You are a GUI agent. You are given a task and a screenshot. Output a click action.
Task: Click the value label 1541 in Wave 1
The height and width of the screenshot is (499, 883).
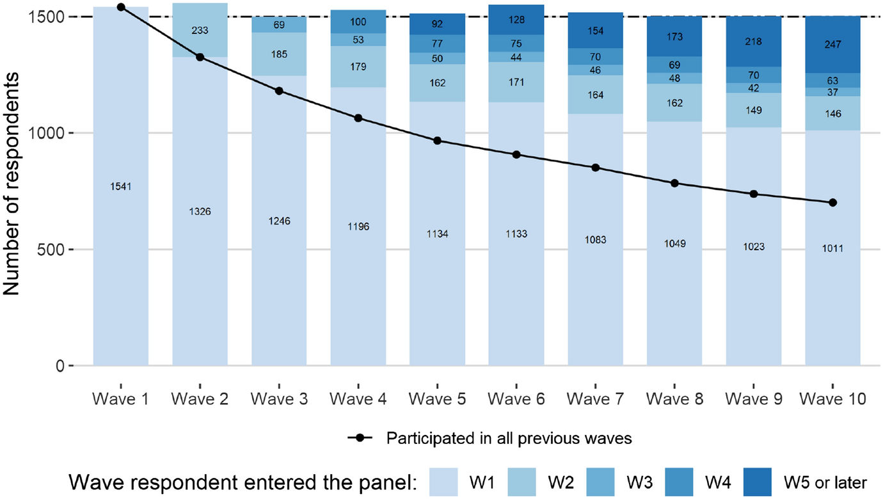[x=121, y=187]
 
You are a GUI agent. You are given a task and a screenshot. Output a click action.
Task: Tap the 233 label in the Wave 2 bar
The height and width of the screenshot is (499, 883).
[x=200, y=30]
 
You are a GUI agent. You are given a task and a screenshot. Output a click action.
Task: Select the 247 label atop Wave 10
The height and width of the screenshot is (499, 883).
[x=832, y=45]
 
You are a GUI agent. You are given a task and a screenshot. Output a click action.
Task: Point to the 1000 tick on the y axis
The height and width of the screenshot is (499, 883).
[x=50, y=133]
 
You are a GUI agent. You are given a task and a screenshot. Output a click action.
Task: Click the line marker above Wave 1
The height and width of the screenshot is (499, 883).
[x=121, y=7]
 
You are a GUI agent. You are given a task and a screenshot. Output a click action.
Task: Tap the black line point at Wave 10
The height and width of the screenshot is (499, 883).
[x=832, y=203]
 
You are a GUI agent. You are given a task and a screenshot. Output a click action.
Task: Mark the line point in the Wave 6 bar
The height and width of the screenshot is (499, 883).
[x=516, y=155]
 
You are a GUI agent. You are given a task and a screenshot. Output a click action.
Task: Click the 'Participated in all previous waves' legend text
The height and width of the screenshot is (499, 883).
[x=509, y=439]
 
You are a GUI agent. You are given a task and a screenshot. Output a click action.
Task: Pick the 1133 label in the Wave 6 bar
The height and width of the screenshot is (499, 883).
[x=516, y=234]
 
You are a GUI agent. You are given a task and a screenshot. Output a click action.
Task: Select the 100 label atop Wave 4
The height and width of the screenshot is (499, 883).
[x=358, y=22]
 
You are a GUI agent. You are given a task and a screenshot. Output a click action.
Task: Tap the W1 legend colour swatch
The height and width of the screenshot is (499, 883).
[x=443, y=481]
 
